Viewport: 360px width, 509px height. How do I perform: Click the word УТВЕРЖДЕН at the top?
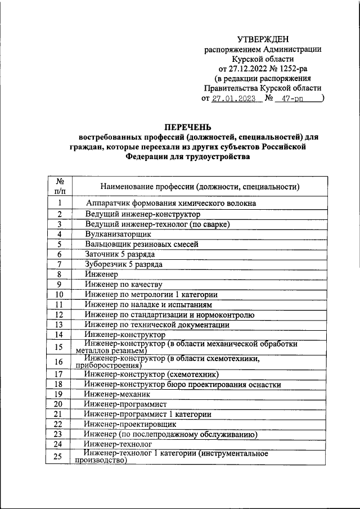263,39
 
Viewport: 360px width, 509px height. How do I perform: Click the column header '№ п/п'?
59,186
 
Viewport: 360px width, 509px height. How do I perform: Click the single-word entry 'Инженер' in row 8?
102,274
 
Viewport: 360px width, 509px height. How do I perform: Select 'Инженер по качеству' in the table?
124,285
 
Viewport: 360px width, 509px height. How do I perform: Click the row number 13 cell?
59,325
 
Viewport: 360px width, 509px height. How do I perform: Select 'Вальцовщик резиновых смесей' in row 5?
142,244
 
